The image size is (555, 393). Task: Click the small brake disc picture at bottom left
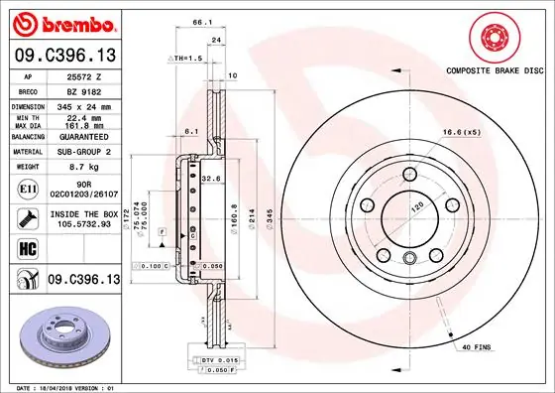(x=65, y=335)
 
